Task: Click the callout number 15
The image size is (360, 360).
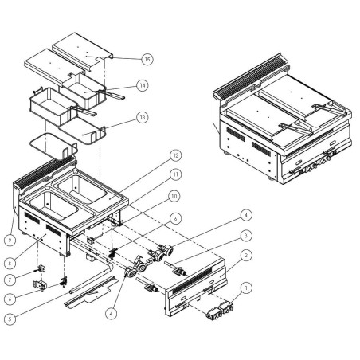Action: [147, 59]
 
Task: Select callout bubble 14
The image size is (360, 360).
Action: [142, 85]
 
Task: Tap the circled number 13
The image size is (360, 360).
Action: [141, 117]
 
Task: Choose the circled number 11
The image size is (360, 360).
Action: [175, 174]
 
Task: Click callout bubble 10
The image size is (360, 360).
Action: [175, 195]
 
